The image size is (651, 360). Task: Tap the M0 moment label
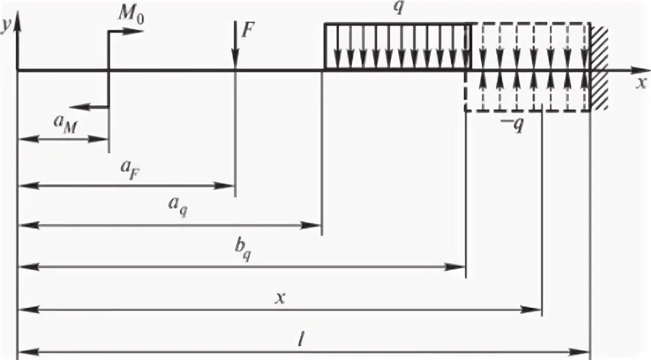point(130,15)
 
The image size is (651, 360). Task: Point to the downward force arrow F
point(236,46)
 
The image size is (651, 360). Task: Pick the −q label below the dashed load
point(513,125)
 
